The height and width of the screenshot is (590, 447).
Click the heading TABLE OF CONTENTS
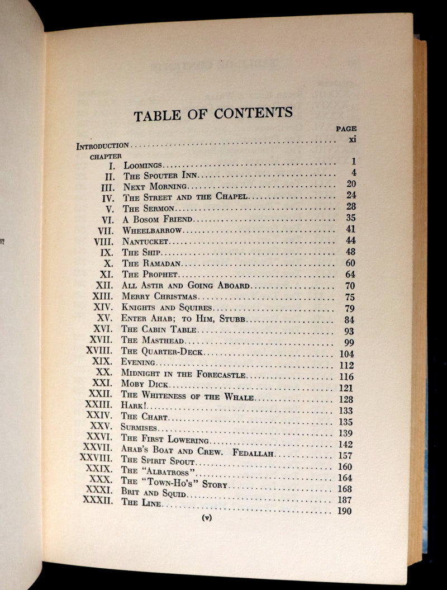[213, 114]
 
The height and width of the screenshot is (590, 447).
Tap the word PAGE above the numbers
[346, 128]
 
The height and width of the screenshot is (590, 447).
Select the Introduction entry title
[103, 145]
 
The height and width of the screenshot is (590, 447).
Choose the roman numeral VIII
[104, 242]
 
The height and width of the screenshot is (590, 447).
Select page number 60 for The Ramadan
[350, 263]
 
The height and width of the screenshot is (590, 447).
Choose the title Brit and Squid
[154, 495]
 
